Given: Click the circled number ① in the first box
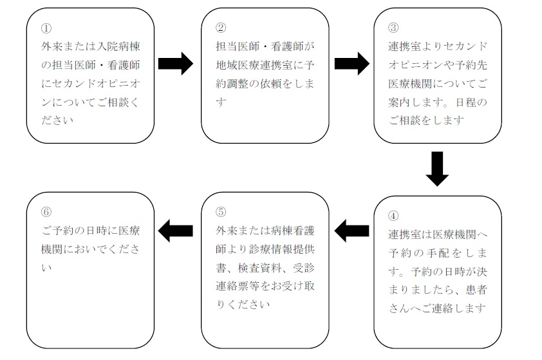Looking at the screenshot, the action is click(46, 28).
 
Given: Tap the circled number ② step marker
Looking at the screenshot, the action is click(221, 28).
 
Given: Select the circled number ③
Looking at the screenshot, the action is click(393, 28).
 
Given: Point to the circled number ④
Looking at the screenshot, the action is click(393, 216).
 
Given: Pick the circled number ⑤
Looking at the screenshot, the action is click(221, 212).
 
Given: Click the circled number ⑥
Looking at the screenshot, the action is click(46, 212).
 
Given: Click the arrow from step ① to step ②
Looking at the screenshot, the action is click(176, 64).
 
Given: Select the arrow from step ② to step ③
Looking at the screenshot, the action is click(352, 64).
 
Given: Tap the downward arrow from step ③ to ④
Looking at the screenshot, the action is click(437, 169).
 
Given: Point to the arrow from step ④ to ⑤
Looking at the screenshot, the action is click(352, 231).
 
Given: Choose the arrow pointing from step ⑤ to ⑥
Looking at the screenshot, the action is click(176, 231).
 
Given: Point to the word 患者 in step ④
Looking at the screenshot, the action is click(476, 290).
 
